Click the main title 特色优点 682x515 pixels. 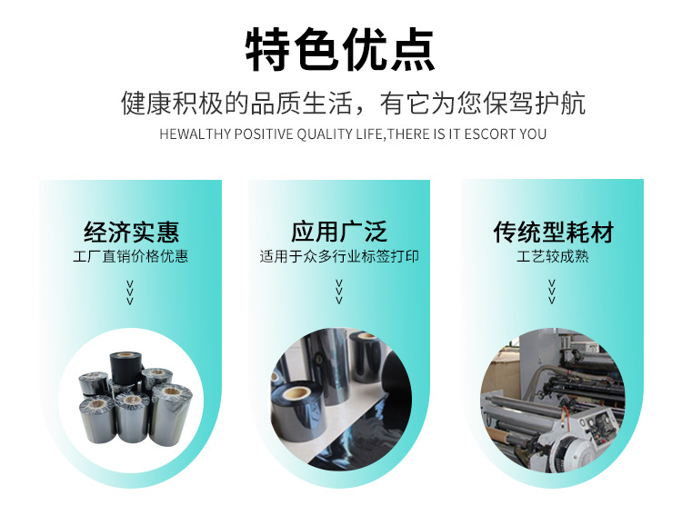[340, 49]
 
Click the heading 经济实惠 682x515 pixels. [131, 232]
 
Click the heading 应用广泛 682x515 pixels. [339, 232]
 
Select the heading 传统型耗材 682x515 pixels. [553, 232]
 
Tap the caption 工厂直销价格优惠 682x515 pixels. [130, 256]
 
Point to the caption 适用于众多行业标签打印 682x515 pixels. [339, 256]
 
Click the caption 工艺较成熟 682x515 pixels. [552, 256]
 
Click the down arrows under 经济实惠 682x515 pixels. [130, 292]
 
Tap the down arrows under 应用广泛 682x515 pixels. [339, 292]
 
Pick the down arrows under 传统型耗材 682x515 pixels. [552, 292]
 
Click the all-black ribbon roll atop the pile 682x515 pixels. [126, 367]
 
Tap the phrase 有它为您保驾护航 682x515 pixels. [483, 104]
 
